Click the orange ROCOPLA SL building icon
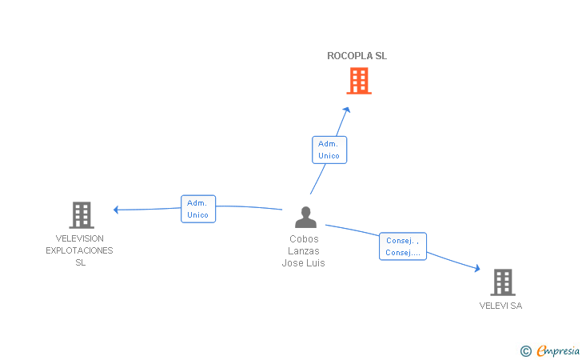[x=359, y=81]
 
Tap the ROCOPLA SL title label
[x=357, y=56]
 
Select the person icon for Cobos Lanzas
[x=305, y=217]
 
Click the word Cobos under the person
[x=304, y=239]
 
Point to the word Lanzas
[x=304, y=250]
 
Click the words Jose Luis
[x=303, y=262]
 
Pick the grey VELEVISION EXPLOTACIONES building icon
[x=82, y=215]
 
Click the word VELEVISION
[x=79, y=238]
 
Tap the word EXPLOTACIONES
[x=79, y=250]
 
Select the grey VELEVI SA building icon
[x=503, y=282]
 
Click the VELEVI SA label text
[x=500, y=306]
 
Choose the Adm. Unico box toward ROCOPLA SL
[x=329, y=150]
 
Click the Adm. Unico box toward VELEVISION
[x=198, y=209]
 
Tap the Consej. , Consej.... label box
[x=403, y=246]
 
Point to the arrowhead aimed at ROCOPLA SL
[x=347, y=110]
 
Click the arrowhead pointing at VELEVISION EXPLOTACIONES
[x=116, y=210]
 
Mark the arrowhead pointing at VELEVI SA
[x=477, y=268]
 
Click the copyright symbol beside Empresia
[x=526, y=351]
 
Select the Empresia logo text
[x=558, y=350]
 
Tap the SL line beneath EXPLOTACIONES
[x=81, y=262]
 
